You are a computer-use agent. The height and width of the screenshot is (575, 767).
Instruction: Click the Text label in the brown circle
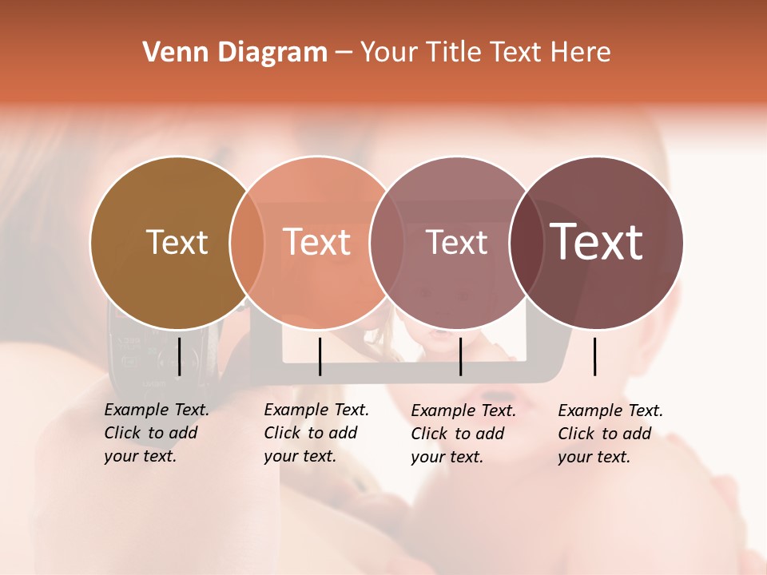tap(177, 242)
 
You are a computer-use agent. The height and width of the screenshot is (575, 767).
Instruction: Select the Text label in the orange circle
tap(316, 242)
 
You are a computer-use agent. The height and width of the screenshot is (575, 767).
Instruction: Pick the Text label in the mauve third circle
tap(456, 242)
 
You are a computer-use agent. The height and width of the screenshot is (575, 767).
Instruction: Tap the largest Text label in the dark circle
tap(596, 242)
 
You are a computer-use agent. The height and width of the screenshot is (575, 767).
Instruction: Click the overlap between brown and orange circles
tap(247, 243)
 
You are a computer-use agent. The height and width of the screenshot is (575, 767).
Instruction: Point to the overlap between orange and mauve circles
tap(386, 243)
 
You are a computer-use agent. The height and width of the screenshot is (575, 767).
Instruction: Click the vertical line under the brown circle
tap(179, 356)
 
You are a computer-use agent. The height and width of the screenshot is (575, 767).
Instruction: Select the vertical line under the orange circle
tap(320, 356)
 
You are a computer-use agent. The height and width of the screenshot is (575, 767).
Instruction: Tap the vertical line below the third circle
tap(460, 356)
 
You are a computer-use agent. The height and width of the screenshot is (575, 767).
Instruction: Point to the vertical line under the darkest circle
tap(595, 356)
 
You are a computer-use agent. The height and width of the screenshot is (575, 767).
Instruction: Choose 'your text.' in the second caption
tap(300, 456)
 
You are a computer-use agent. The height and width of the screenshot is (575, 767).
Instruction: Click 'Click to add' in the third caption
tap(458, 434)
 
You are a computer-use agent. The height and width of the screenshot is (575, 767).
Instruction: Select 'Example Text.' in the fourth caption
tap(610, 410)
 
